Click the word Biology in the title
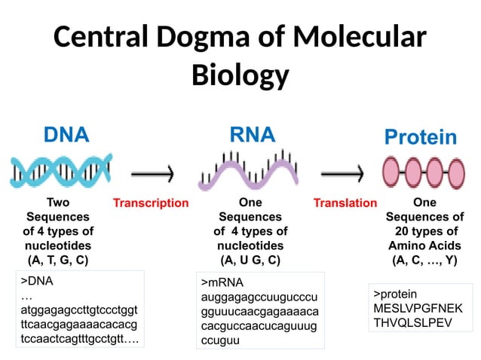[x=240, y=75]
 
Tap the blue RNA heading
[x=252, y=135]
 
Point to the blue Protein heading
[x=420, y=137]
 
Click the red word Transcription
[x=150, y=203]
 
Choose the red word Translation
[x=345, y=203]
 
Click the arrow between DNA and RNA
[x=153, y=175]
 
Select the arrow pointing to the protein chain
[x=346, y=175]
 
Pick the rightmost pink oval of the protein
[x=454, y=172]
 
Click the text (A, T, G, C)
[x=58, y=261]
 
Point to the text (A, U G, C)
[x=250, y=261]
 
